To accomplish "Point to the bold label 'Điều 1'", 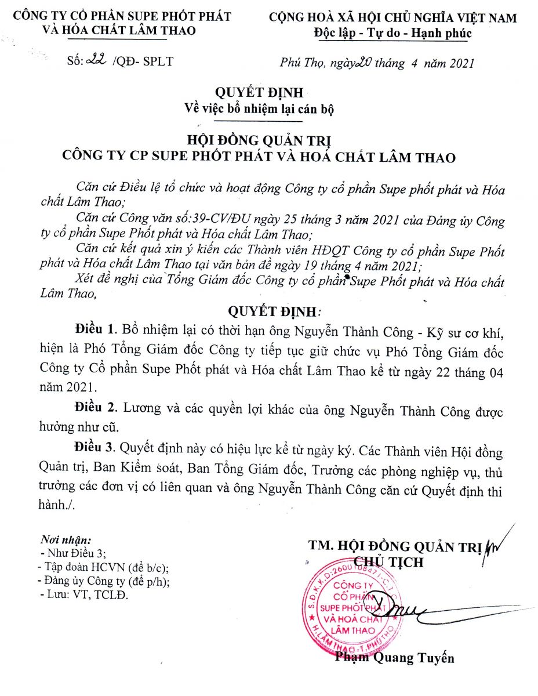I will (x=94, y=329).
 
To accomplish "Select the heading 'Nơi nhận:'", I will (x=67, y=539).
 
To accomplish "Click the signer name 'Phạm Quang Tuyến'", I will (x=394, y=658).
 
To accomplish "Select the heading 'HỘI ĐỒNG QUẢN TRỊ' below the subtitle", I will (x=259, y=140).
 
